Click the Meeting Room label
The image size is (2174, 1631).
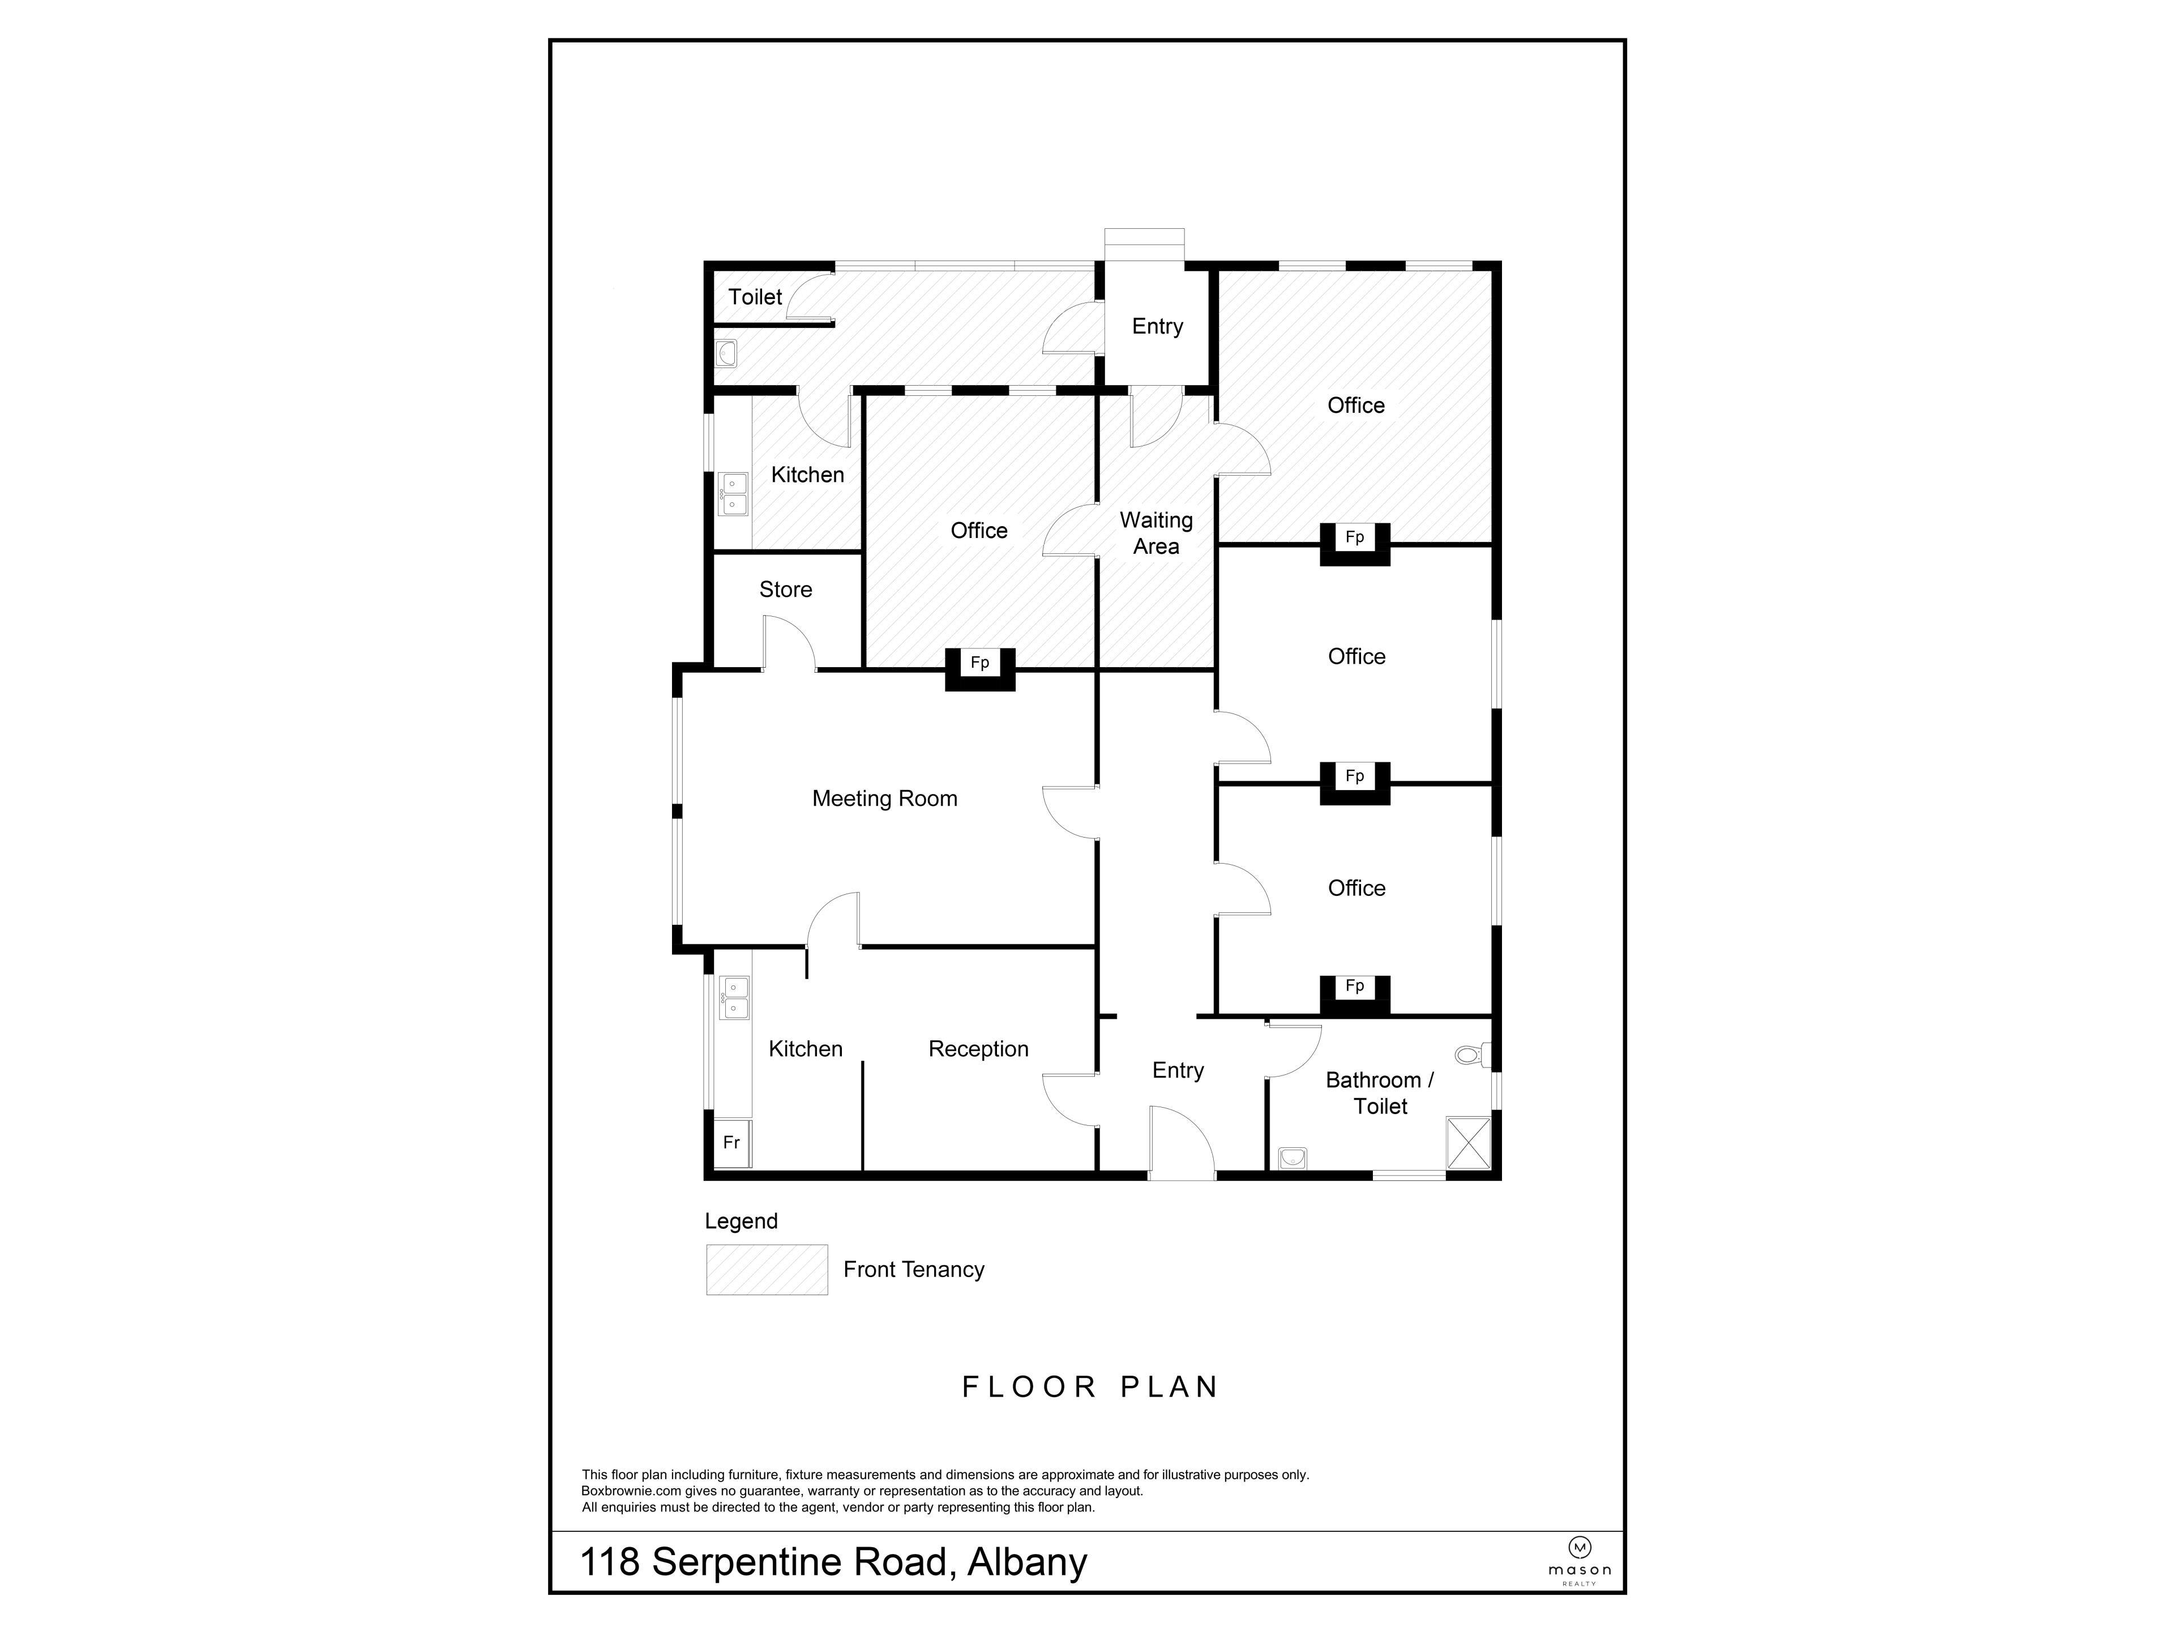coord(884,799)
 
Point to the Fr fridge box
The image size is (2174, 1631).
coord(731,1142)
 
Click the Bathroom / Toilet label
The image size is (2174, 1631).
coord(1380,1093)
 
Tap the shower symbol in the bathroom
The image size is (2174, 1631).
coord(1469,1141)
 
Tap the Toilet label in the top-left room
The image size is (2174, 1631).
coord(755,297)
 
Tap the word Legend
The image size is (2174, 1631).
coord(741,1221)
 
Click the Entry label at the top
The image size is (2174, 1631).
coord(1157,326)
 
